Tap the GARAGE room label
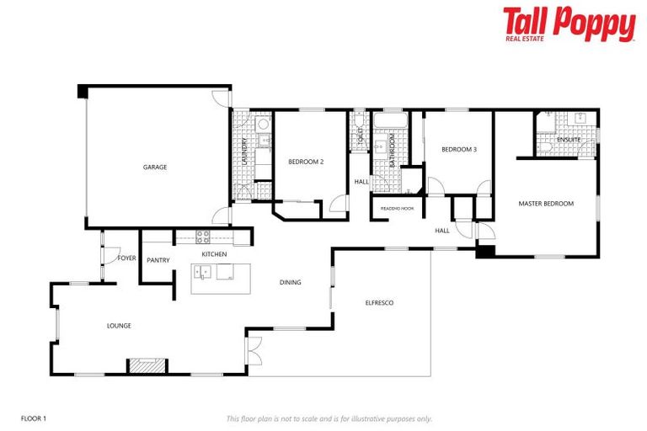click(154, 167)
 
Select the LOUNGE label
click(119, 326)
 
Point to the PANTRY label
click(158, 260)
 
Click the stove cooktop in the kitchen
click(204, 237)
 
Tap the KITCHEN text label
click(213, 254)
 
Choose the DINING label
click(290, 283)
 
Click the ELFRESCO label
click(380, 301)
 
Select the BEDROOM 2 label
click(306, 162)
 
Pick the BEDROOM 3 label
click(459, 150)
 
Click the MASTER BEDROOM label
click(545, 204)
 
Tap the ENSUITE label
click(569, 139)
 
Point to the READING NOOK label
click(397, 208)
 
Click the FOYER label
click(127, 258)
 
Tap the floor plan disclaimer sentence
click(329, 418)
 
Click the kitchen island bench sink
click(202, 272)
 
